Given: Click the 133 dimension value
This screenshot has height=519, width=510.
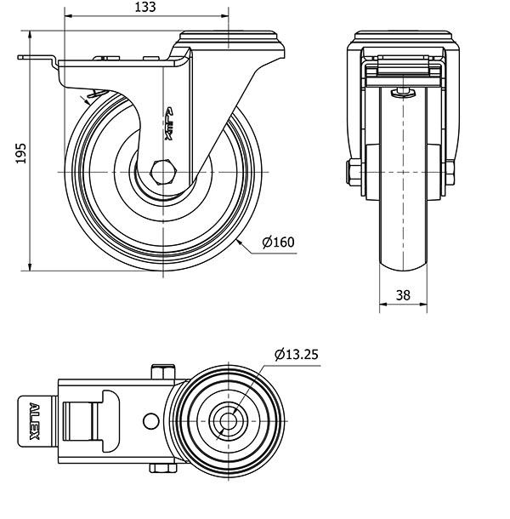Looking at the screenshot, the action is point(145,7).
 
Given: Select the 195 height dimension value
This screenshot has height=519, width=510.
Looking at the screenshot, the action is point(20,153).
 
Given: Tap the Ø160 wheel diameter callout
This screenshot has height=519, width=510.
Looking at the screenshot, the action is point(278,242).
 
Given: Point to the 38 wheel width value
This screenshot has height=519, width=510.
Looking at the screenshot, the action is point(403,295).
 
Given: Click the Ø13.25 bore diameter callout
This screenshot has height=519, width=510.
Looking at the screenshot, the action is point(297,354).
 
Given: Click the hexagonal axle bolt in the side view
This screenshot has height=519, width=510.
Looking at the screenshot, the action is point(163,172).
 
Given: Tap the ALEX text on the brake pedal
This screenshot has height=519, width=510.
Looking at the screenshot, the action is point(34,421).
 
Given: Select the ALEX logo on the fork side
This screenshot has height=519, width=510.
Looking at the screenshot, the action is point(168,123).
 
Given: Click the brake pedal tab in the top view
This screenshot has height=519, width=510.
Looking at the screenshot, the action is point(36,420).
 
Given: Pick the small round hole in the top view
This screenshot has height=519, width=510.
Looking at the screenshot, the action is point(150,421).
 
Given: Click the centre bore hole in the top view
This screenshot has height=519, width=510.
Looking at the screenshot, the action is point(228,421).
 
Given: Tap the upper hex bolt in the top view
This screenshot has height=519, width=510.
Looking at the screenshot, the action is point(163,372).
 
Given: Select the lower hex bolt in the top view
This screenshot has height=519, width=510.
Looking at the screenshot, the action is point(162,468).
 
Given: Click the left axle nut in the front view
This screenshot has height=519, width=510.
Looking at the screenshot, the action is point(354,172).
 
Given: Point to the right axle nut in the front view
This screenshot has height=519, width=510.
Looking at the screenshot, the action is point(450,172).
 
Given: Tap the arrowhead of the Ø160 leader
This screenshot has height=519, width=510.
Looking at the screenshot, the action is point(240,242).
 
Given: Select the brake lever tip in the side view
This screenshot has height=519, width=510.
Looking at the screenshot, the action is point(20,58).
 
